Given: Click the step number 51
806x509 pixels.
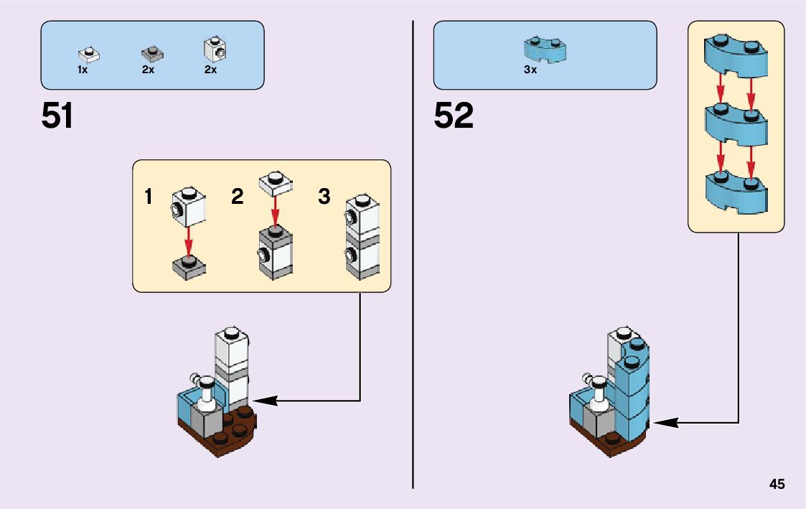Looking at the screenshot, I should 57,116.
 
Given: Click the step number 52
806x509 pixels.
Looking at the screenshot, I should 454,116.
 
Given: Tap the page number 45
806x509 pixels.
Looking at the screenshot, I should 777,484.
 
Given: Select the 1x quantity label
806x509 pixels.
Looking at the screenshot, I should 83,70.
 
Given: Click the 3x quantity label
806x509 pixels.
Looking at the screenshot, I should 530,70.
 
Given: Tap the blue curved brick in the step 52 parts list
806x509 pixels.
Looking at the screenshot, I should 545,48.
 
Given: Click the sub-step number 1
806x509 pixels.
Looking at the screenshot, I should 148,196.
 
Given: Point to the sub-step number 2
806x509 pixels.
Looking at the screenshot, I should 238,196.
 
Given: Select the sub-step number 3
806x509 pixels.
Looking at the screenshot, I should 324,196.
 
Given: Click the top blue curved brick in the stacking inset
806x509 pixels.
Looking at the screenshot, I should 736,55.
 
